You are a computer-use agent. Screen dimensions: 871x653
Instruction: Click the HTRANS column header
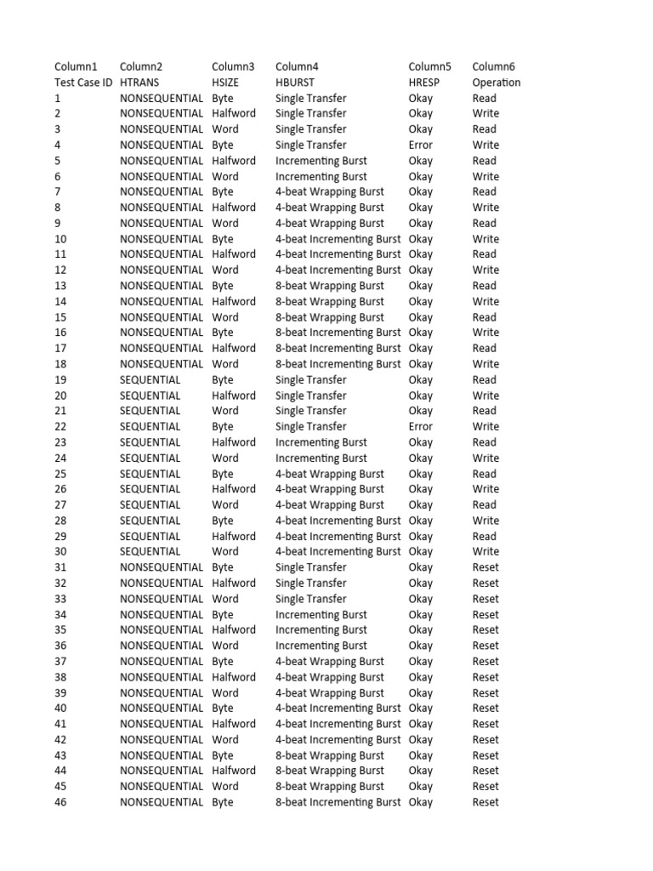tap(139, 83)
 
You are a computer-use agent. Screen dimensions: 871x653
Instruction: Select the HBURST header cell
tap(295, 83)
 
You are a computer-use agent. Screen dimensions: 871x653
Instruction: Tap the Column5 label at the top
tap(429, 66)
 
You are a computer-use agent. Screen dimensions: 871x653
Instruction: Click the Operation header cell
tap(497, 83)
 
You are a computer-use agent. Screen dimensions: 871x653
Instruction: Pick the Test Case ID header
tap(83, 83)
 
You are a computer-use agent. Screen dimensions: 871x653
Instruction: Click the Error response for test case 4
tap(420, 145)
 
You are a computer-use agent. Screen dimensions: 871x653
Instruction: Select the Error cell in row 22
tap(420, 426)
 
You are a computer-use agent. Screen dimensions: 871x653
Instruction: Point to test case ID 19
tap(60, 379)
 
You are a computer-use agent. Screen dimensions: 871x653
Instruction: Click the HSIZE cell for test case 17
tap(234, 348)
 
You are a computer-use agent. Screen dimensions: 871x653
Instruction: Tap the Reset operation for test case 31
tap(485, 567)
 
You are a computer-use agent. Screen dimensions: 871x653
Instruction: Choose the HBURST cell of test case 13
tap(330, 286)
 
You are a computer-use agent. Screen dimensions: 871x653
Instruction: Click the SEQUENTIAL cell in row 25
tap(150, 474)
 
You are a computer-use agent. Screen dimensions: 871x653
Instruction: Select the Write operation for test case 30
tap(485, 551)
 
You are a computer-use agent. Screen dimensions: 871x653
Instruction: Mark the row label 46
tap(60, 802)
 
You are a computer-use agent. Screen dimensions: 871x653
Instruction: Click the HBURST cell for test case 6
tap(321, 176)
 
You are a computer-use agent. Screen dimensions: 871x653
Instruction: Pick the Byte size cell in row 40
tap(223, 708)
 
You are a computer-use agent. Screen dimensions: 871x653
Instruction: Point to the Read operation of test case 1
tap(485, 98)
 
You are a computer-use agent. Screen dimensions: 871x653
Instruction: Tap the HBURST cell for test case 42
tap(338, 739)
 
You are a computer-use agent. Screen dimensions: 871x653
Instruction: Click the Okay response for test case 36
tap(420, 646)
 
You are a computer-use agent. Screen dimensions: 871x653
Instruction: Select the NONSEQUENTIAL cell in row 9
tap(162, 223)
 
